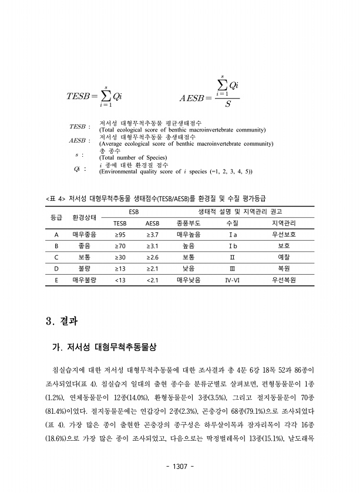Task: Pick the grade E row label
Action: [56, 279]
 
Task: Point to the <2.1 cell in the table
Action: [152, 279]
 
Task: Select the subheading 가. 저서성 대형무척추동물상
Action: [104, 347]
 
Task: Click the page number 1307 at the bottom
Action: [180, 466]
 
